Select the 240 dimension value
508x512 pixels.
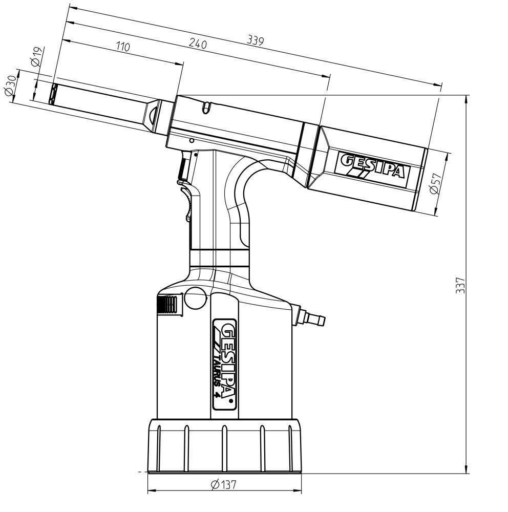pos(198,45)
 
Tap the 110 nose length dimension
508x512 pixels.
pos(123,47)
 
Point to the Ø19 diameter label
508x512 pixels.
pos(36,56)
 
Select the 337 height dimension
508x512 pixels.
pos(461,285)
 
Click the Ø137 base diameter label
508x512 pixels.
pos(224,484)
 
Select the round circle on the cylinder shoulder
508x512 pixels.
pos(195,298)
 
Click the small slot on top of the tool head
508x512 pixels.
pos(206,108)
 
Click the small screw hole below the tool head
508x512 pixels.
pos(191,140)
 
